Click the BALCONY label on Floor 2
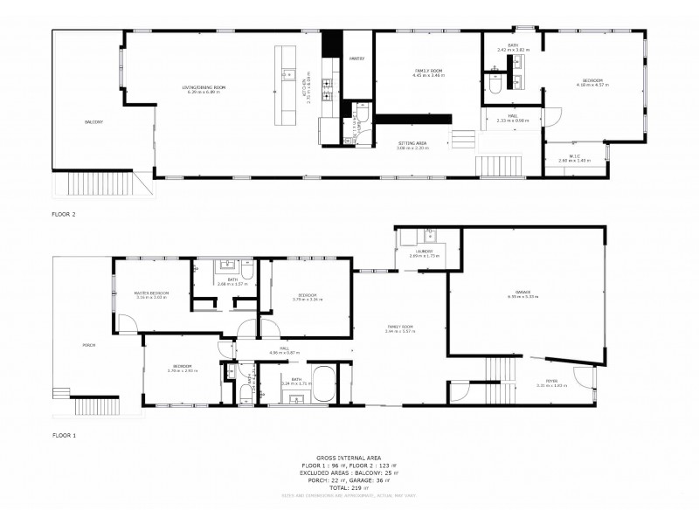point(94,121)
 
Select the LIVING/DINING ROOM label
point(204,87)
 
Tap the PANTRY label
point(356,58)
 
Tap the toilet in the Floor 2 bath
point(495,86)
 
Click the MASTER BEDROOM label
point(151,293)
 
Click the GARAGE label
point(523,292)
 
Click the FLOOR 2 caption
point(65,212)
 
